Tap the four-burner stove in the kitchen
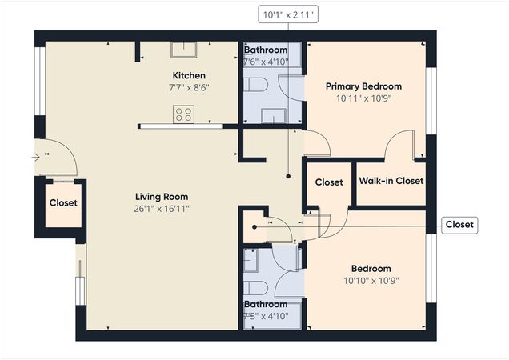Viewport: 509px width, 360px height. pyautogui.click(x=183, y=114)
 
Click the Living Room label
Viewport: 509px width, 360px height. pyautogui.click(x=162, y=197)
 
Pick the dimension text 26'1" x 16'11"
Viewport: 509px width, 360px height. pyautogui.click(x=162, y=209)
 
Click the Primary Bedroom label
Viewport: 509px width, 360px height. pyautogui.click(x=363, y=86)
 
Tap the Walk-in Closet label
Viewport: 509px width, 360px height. pyautogui.click(x=391, y=182)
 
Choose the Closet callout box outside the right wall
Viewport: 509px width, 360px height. pyautogui.click(x=459, y=225)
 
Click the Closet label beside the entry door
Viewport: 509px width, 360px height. pyautogui.click(x=63, y=203)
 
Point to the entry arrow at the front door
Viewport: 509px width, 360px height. pyautogui.click(x=34, y=158)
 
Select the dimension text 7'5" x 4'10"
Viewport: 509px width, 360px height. pyautogui.click(x=265, y=317)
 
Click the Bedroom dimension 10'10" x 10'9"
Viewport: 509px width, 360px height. pyautogui.click(x=371, y=281)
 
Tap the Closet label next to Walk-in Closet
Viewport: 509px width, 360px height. pyautogui.click(x=328, y=182)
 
